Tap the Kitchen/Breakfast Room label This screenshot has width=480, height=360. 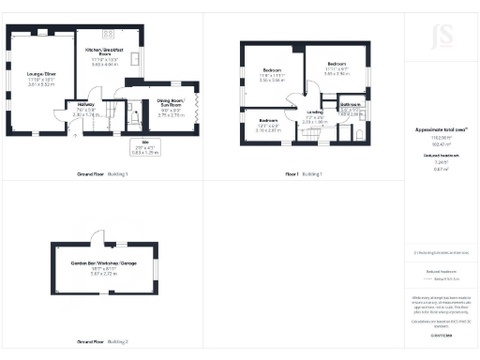click(104, 57)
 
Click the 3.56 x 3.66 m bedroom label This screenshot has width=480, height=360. click(272, 75)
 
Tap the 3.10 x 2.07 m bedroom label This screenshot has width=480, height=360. click(268, 126)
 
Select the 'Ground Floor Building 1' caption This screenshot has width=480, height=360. click(101, 174)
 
